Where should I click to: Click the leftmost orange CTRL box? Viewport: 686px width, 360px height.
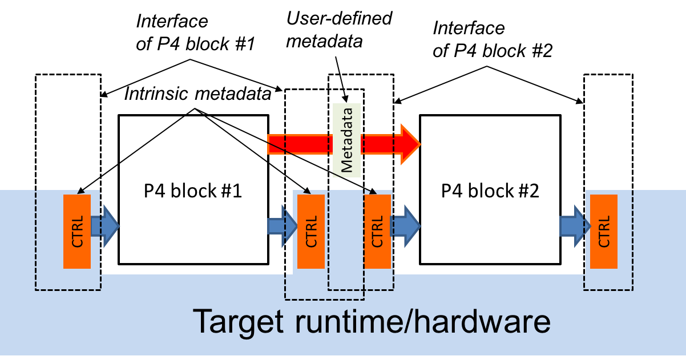(77, 231)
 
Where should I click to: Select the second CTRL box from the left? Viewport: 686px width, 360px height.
(311, 231)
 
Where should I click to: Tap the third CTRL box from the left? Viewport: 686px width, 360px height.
(377, 231)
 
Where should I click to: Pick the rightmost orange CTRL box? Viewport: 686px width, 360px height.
(604, 231)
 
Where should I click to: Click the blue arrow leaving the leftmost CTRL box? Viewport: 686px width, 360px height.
(106, 226)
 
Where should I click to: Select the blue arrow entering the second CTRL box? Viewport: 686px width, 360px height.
(282, 226)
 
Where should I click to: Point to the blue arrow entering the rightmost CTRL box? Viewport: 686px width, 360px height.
(574, 226)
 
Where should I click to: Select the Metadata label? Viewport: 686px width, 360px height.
(346, 140)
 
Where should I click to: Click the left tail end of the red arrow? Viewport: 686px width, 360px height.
(271, 144)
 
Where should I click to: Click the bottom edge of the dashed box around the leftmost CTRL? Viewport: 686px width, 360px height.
(68, 290)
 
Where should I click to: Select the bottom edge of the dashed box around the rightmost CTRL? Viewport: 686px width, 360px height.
(608, 290)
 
